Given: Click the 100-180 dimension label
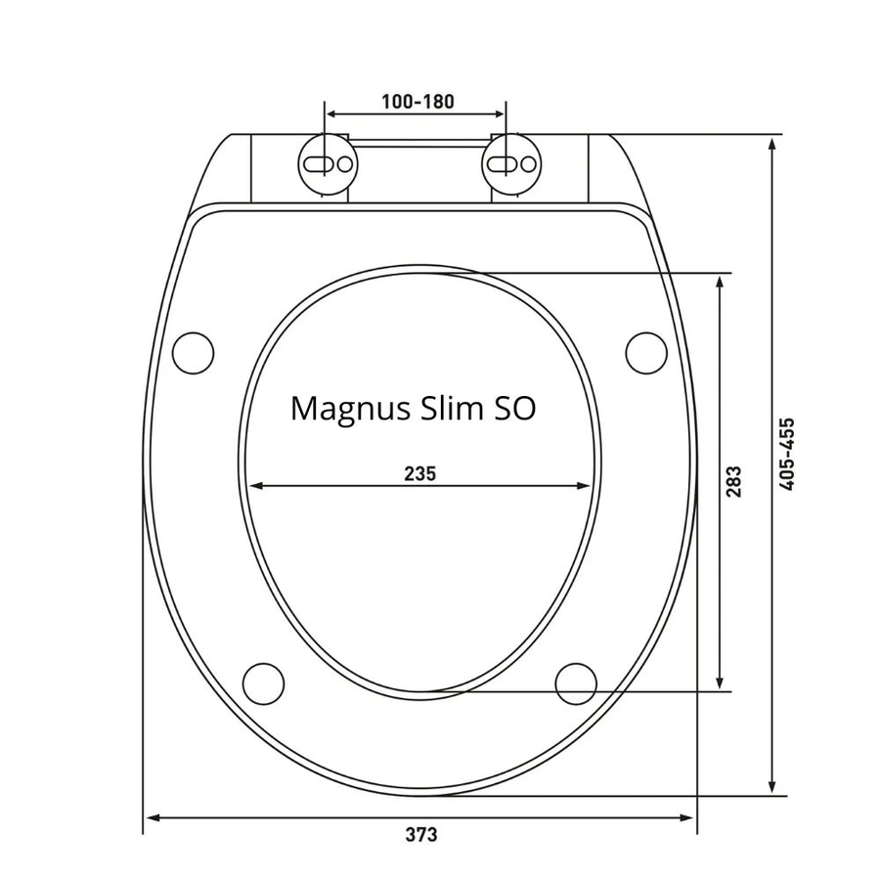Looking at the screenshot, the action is (x=418, y=102).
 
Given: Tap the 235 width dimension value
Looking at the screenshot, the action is (x=419, y=473).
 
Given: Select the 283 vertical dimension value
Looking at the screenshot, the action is (x=733, y=481).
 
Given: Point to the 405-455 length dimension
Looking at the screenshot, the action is (x=788, y=454).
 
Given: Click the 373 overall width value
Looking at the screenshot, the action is (x=420, y=835).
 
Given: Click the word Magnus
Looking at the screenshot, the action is (x=350, y=410).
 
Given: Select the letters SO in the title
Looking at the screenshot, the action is (x=514, y=409).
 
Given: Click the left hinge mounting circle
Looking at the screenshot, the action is (x=328, y=164).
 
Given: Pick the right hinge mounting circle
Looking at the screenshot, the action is (x=511, y=164).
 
